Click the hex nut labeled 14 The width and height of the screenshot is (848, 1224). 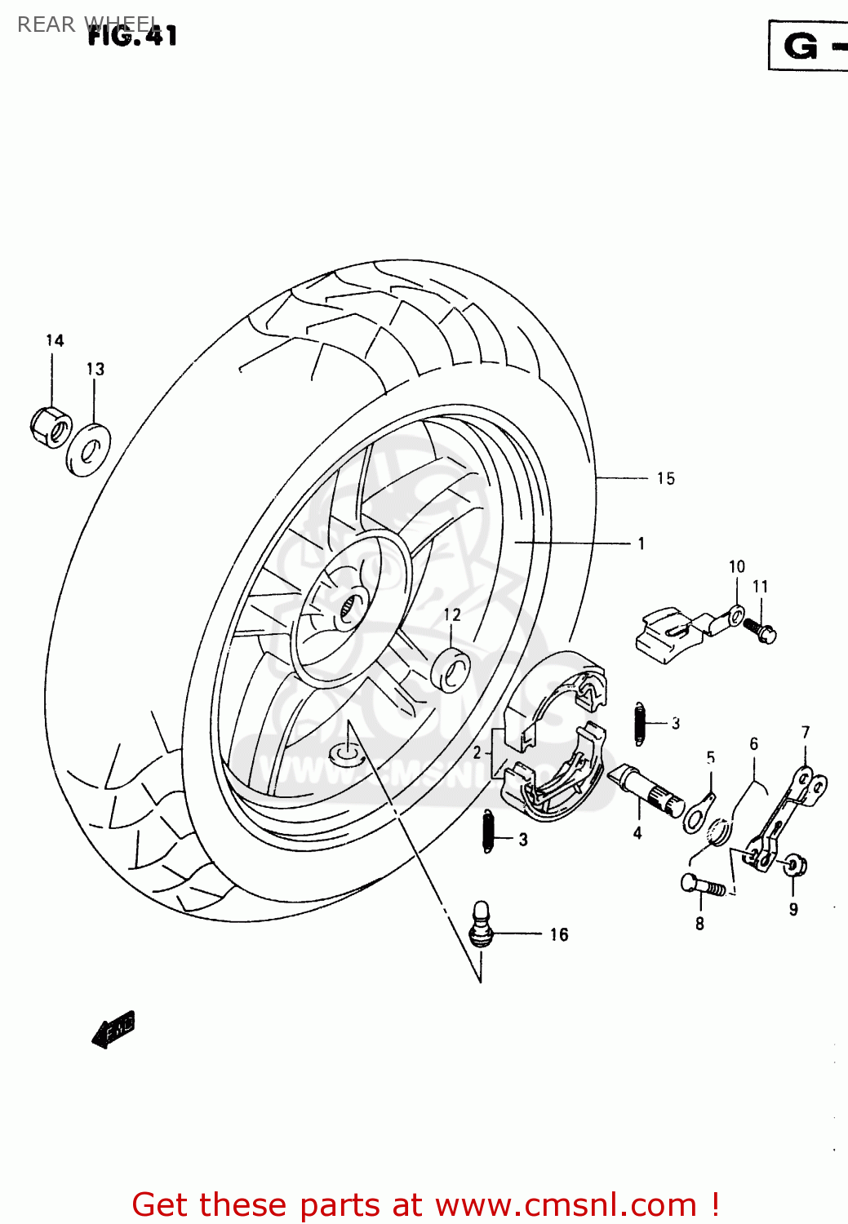(x=50, y=426)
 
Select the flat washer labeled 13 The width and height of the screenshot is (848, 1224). (x=88, y=450)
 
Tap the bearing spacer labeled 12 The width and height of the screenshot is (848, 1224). (x=451, y=670)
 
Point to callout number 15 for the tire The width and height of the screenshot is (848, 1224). (x=665, y=479)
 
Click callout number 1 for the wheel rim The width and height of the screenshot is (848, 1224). (x=642, y=543)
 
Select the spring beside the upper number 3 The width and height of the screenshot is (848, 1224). (x=640, y=724)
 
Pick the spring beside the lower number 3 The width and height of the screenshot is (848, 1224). (x=489, y=832)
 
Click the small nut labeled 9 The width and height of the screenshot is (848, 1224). (x=793, y=865)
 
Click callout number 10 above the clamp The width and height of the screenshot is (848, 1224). (x=736, y=566)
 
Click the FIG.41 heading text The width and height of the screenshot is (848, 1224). (x=132, y=35)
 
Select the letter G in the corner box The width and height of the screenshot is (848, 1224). (x=801, y=47)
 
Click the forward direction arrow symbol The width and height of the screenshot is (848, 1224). (x=113, y=1030)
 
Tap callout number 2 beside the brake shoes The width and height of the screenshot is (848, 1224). (x=477, y=752)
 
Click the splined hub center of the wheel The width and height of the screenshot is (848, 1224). (x=351, y=605)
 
